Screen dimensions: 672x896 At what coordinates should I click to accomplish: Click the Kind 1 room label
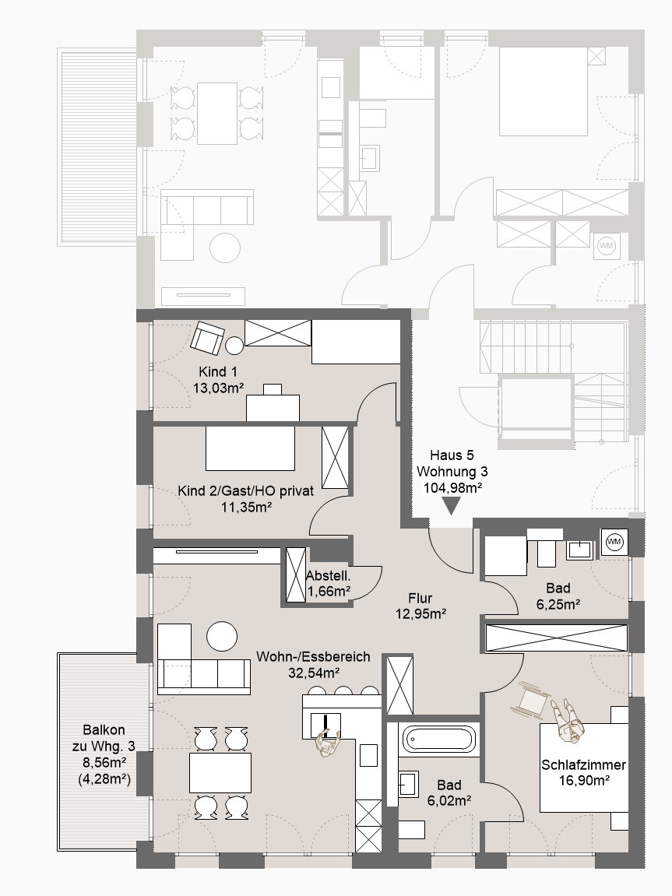click(218, 372)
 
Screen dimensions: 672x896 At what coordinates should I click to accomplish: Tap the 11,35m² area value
click(246, 507)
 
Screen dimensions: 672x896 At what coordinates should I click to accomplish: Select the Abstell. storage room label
click(328, 576)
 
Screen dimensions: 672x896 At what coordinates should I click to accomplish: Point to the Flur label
click(420, 599)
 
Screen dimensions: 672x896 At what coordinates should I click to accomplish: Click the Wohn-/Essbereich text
click(313, 657)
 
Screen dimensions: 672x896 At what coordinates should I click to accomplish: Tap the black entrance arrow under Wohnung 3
click(452, 506)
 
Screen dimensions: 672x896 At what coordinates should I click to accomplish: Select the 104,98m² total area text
click(452, 487)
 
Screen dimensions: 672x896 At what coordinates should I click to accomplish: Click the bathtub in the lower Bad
click(439, 740)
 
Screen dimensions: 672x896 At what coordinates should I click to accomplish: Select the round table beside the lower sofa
click(222, 636)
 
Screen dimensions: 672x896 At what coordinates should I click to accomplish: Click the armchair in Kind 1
click(207, 337)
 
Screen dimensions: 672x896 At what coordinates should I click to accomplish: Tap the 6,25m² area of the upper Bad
click(558, 604)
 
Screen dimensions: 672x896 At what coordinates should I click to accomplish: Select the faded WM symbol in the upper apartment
click(606, 246)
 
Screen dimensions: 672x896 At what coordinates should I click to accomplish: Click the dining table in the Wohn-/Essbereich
click(220, 772)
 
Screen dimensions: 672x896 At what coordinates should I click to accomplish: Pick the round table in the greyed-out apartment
click(225, 248)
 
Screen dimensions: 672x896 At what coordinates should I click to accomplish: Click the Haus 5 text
click(452, 455)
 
